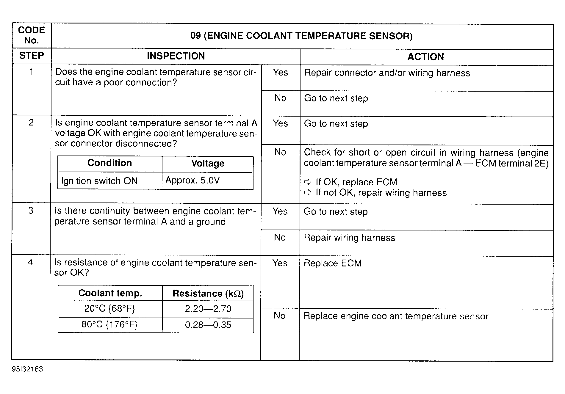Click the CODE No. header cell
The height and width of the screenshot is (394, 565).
click(31, 35)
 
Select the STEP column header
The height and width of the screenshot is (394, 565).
click(31, 56)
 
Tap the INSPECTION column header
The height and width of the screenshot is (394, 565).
click(176, 56)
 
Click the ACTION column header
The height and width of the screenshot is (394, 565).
click(425, 56)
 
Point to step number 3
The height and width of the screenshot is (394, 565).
click(31, 211)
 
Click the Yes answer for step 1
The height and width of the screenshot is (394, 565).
click(280, 73)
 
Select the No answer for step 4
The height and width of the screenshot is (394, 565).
click(279, 315)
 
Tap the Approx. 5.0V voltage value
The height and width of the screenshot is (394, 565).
click(192, 180)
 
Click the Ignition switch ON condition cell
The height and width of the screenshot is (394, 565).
click(99, 181)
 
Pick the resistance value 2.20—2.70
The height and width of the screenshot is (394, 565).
click(208, 309)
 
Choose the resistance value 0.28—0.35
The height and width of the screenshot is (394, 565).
click(208, 325)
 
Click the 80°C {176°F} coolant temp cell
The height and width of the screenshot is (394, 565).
click(109, 324)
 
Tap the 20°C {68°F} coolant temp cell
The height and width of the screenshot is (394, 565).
click(109, 309)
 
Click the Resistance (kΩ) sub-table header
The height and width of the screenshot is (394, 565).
click(208, 293)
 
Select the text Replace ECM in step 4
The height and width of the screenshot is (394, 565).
click(333, 263)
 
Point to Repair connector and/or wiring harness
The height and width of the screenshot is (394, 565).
click(387, 73)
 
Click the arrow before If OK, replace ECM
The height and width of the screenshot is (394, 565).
click(307, 182)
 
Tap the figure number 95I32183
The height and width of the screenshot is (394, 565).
click(27, 369)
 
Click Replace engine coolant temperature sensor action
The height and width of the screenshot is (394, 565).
click(396, 316)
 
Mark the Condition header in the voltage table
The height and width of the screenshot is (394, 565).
click(109, 163)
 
